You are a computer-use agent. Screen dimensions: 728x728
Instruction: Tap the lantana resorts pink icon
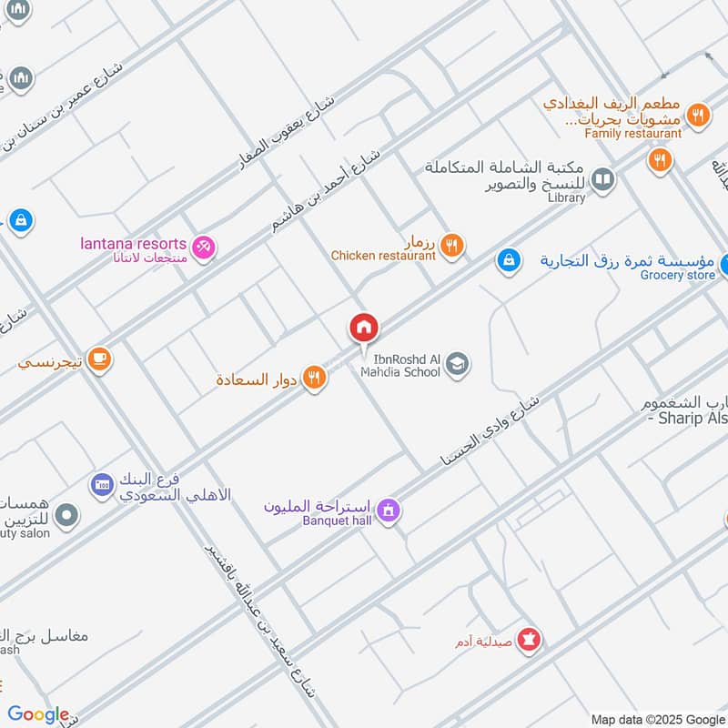204,246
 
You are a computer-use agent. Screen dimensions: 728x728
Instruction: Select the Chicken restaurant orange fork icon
451,245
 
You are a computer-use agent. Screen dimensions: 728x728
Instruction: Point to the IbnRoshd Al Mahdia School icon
458,364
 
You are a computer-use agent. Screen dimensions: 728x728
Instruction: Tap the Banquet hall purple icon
389,511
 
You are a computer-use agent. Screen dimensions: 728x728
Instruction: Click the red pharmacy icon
529,641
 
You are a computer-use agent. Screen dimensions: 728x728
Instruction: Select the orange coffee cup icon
99,360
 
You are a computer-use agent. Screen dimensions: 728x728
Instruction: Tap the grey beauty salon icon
66,517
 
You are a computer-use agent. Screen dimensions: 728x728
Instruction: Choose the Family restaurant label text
632,134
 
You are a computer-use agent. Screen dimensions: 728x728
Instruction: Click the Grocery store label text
677,275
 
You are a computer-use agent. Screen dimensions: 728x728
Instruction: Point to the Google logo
38,714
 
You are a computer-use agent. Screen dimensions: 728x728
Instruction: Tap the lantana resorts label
134,245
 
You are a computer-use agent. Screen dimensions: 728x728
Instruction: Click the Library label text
566,197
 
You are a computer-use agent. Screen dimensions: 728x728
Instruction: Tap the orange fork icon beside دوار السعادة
315,377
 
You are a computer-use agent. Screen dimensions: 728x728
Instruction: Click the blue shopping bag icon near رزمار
508,260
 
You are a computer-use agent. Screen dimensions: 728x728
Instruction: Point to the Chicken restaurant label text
383,256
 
